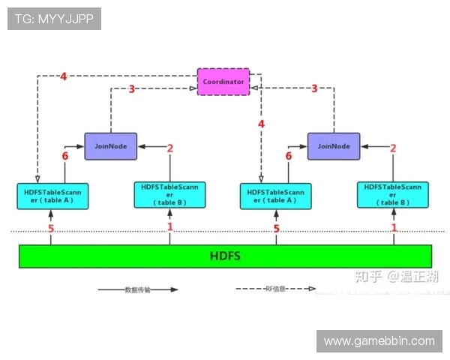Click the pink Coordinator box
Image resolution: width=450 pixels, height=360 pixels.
pyautogui.click(x=223, y=81)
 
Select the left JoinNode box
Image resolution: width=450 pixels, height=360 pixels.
pyautogui.click(x=111, y=145)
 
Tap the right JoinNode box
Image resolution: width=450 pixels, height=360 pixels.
pyautogui.click(x=334, y=145)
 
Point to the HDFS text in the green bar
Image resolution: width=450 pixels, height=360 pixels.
pyautogui.click(x=225, y=256)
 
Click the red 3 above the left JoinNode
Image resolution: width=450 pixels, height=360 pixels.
pyautogui.click(x=131, y=89)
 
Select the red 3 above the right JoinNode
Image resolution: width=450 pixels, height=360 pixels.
pyautogui.click(x=314, y=88)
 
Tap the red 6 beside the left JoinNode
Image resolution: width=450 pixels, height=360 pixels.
pyautogui.click(x=65, y=157)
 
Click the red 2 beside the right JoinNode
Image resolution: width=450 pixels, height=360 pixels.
pyautogui.click(x=393, y=148)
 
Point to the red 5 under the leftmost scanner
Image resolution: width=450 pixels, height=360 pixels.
pyautogui.click(x=51, y=229)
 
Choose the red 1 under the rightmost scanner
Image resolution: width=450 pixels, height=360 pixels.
pyautogui.click(x=394, y=227)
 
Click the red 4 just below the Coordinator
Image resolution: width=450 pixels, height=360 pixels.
pyautogui.click(x=261, y=124)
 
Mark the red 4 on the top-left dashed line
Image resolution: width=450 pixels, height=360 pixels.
pyautogui.click(x=64, y=76)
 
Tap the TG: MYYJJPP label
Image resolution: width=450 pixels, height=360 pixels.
pyautogui.click(x=54, y=19)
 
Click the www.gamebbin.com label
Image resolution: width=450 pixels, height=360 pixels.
pyautogui.click(x=379, y=341)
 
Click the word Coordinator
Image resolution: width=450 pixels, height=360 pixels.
pyautogui.click(x=223, y=81)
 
